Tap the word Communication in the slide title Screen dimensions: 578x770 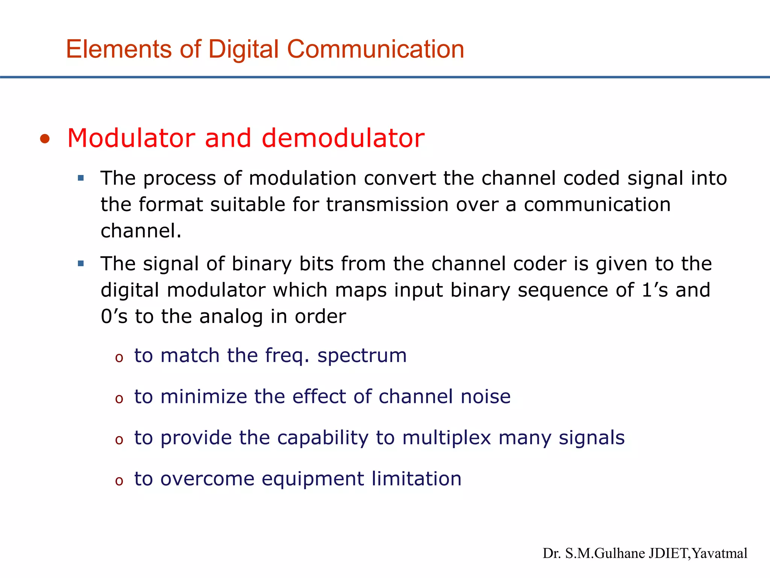[376, 49]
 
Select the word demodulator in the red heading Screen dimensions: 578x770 [343, 138]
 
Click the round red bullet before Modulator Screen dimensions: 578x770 [45, 139]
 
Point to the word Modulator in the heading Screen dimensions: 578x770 [131, 138]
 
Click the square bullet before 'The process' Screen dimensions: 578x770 [81, 178]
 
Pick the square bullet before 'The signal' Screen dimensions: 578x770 [81, 263]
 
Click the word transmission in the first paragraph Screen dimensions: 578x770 [387, 205]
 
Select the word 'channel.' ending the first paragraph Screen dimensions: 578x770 [141, 231]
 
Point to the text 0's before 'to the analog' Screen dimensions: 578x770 [114, 316]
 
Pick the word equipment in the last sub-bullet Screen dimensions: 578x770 [313, 479]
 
